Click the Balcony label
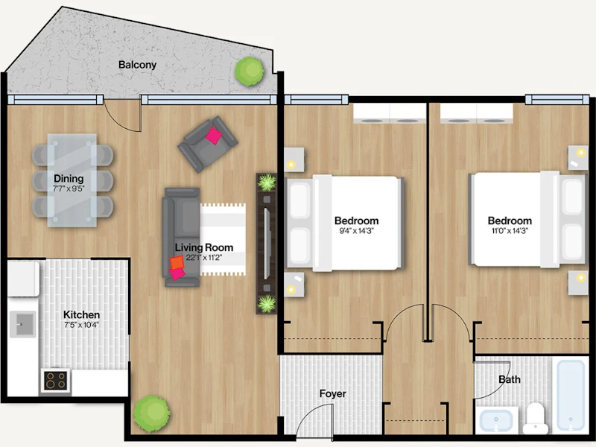[x=137, y=65]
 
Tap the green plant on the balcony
[x=250, y=71]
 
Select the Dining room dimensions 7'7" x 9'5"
[x=69, y=188]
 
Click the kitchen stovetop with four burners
[x=56, y=380]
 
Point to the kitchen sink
[x=23, y=324]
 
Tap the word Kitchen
[x=81, y=314]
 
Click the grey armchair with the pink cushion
[x=208, y=144]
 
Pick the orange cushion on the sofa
[x=177, y=263]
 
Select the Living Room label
[x=204, y=247]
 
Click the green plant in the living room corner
[x=152, y=413]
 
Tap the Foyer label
[x=332, y=394]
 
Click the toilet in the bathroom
[x=536, y=418]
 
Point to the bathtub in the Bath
[x=570, y=396]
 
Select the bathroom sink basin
[x=496, y=420]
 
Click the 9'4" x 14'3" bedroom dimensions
[x=356, y=231]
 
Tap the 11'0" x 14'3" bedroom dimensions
[x=510, y=231]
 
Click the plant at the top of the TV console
[x=267, y=183]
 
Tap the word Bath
[x=510, y=379]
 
